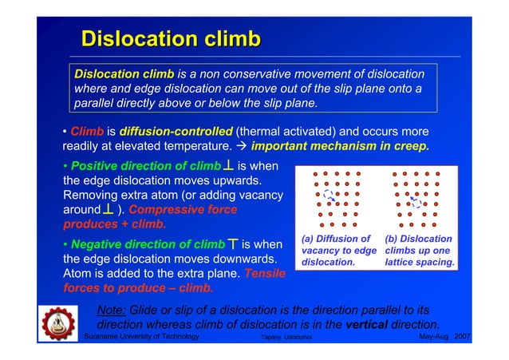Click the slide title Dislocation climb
[171, 39]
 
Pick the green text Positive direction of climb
[144, 166]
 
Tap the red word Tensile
[265, 274]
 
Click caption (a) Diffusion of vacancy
[339, 250]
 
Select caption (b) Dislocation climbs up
[419, 250]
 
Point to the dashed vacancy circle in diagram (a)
[328, 194]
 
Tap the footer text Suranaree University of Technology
[141, 338]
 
